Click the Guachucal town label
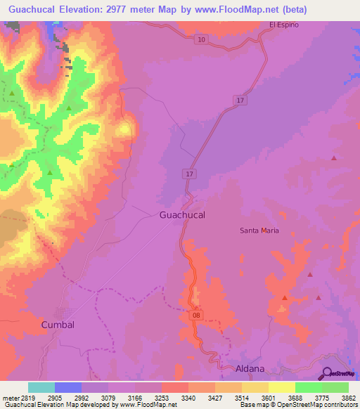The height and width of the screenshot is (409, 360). pos(182,215)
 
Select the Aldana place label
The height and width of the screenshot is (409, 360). pos(250,368)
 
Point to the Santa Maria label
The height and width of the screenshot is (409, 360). pos(259,231)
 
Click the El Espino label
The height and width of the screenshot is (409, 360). pos(284,25)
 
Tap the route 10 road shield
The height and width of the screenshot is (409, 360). pos(202,39)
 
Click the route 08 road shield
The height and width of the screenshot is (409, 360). pos(197,317)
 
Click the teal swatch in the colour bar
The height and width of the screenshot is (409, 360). pos(41,387)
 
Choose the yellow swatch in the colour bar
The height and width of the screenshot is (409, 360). pos(282,387)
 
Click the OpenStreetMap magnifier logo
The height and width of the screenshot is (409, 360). pos(328,373)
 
